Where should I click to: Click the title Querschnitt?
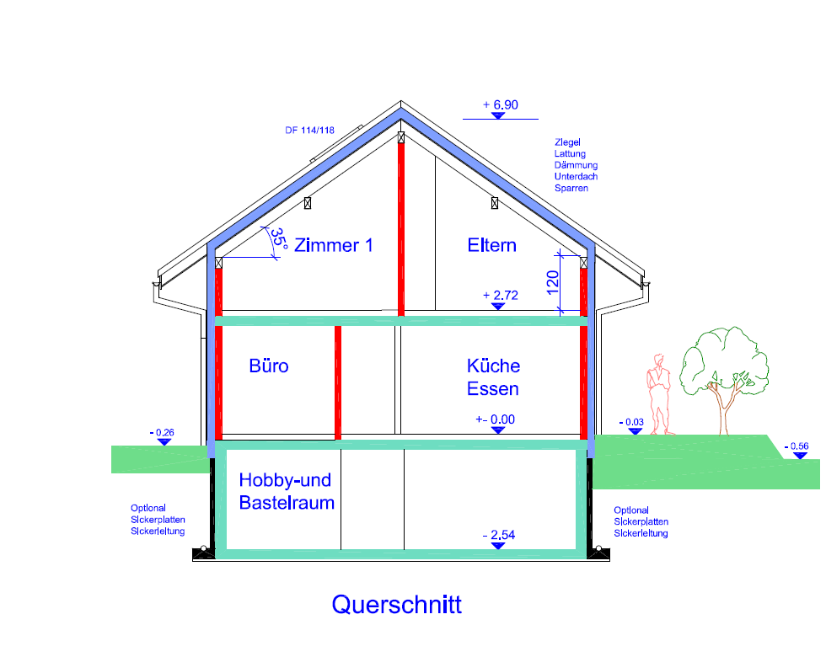tap(397, 605)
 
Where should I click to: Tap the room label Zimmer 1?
tap(334, 245)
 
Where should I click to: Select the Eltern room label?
tap(492, 245)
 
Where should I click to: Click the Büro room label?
tap(269, 366)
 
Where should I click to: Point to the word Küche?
tap(494, 366)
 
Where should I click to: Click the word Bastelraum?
tap(287, 503)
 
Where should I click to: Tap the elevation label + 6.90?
tap(501, 104)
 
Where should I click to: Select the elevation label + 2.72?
tap(501, 296)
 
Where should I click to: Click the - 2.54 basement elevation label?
tap(499, 535)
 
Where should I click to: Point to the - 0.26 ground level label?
tap(162, 433)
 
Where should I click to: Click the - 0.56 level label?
tap(796, 446)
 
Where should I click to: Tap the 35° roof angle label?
tap(278, 239)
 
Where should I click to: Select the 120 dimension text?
tap(553, 283)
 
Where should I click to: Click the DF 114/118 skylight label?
tap(310, 131)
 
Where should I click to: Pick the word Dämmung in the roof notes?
tap(576, 165)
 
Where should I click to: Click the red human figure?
tap(659, 395)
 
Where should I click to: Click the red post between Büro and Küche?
tap(338, 382)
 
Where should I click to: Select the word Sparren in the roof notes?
tap(571, 189)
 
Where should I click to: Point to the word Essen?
tap(492, 389)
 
